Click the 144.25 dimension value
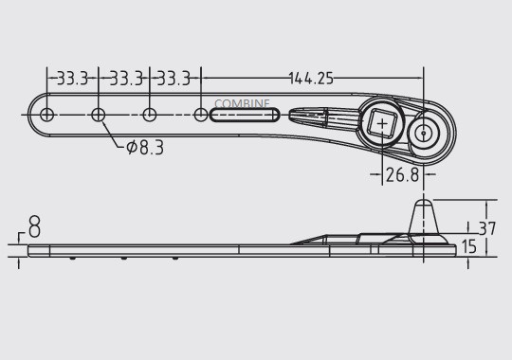point(311,79)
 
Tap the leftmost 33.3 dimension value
point(72,79)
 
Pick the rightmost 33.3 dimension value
point(174,79)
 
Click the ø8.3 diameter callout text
point(144,147)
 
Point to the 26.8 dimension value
point(402,174)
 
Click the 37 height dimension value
point(487,228)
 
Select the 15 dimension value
point(468,246)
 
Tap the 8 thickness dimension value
point(34,227)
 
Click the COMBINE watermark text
point(242,103)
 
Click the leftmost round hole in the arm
point(46,116)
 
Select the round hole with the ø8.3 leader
point(98,116)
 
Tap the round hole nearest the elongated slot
point(200,116)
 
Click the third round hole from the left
point(149,116)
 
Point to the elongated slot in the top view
point(244,116)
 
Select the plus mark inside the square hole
point(382,126)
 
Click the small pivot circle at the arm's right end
point(422,132)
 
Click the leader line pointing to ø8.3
point(113,134)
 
